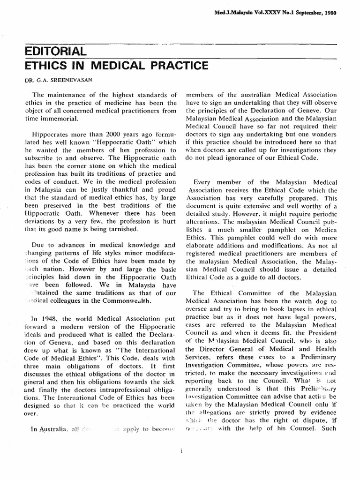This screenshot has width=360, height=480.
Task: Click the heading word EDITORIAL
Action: pyautogui.click(x=55, y=51)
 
